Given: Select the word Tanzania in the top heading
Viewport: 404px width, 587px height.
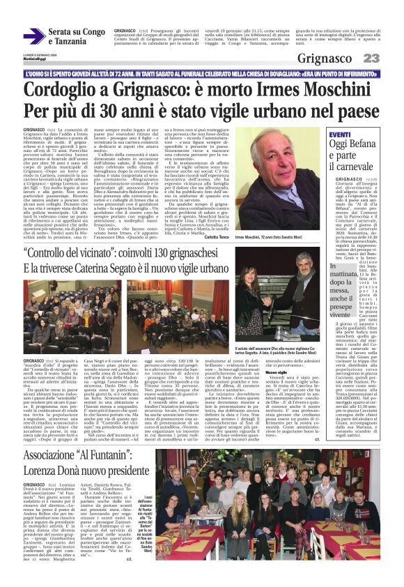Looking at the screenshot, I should pyautogui.click(x=67, y=42).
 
